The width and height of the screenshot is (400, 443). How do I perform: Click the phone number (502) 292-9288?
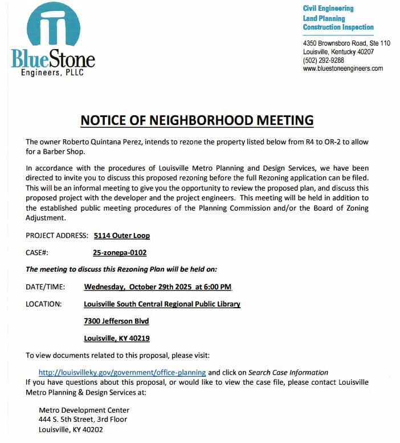click(x=323, y=60)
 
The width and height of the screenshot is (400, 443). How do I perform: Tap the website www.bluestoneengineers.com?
click(x=342, y=69)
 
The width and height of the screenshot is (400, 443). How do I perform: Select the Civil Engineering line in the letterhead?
click(x=328, y=9)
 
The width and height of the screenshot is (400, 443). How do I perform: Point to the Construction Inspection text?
click(x=338, y=27)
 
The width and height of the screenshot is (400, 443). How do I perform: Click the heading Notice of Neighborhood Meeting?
click(x=197, y=120)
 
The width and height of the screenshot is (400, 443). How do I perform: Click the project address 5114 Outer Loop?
click(x=121, y=235)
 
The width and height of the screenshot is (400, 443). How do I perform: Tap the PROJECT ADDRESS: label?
click(x=56, y=235)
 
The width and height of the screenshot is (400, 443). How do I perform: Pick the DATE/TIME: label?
click(x=45, y=287)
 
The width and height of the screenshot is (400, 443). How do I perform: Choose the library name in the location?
click(x=162, y=304)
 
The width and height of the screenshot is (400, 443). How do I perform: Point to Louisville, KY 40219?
click(x=117, y=339)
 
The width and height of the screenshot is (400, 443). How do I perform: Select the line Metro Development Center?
click(x=84, y=410)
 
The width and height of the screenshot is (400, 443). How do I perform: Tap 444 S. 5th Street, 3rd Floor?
click(x=83, y=419)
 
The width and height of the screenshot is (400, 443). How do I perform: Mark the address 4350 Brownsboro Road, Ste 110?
click(x=346, y=43)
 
